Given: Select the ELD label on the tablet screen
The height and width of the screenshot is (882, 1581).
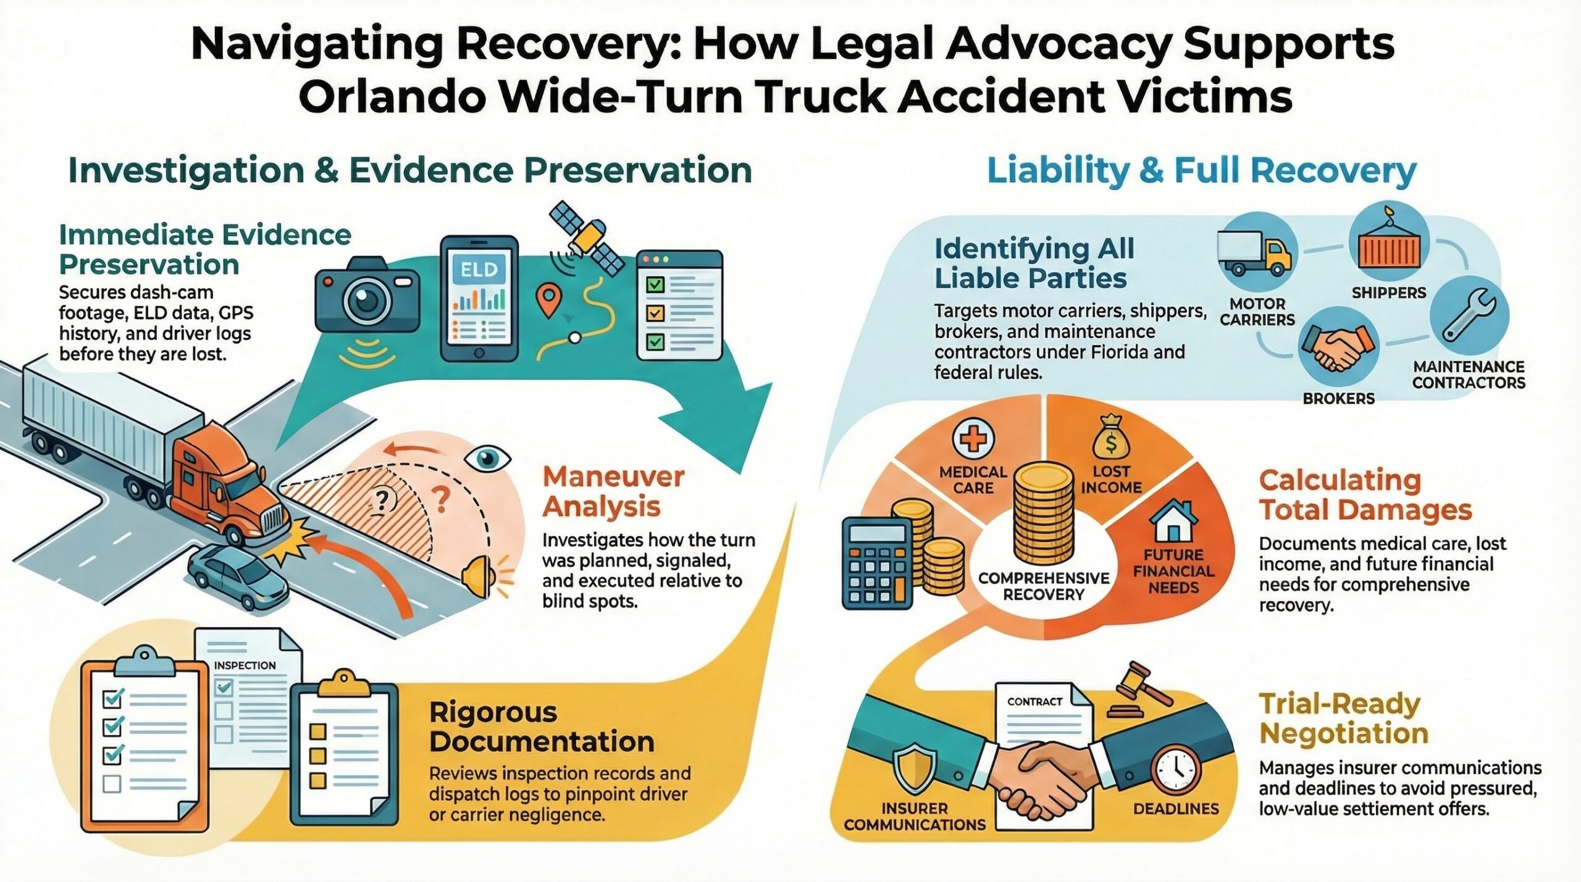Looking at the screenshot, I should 479,270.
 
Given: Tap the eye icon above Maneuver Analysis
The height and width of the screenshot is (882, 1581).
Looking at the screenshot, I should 487,458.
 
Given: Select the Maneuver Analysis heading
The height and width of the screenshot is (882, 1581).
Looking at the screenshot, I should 613,491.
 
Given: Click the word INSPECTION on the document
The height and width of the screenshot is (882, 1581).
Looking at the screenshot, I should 245,665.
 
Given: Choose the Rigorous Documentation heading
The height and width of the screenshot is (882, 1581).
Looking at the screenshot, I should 542,726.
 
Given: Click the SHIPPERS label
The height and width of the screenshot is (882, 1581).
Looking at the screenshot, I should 1389,293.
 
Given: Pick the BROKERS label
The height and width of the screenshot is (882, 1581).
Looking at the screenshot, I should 1338,399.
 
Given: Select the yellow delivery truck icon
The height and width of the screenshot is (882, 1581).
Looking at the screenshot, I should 1254,252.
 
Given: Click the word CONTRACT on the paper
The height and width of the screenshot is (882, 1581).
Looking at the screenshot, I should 1034,702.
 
